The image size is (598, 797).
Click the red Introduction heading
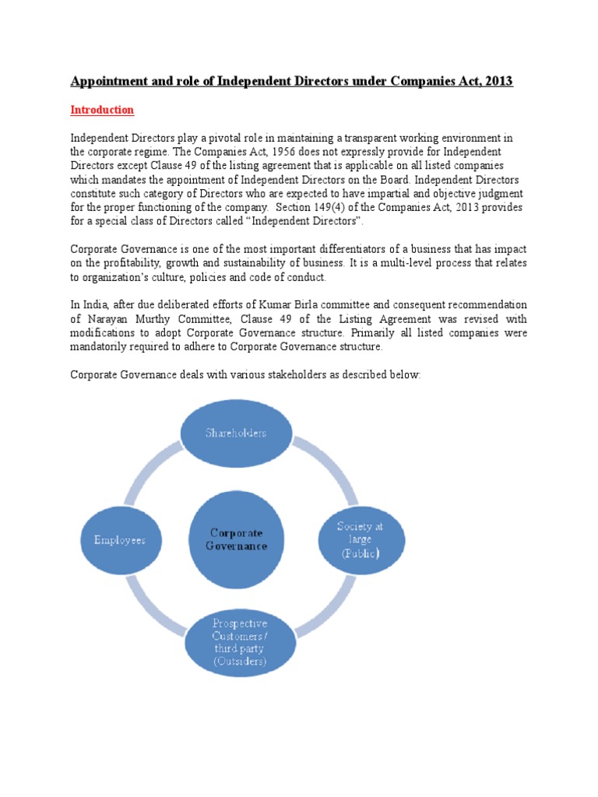point(102,110)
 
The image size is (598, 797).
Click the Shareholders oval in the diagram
point(235,434)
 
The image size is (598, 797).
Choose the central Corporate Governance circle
point(235,539)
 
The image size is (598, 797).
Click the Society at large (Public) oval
point(359,539)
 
